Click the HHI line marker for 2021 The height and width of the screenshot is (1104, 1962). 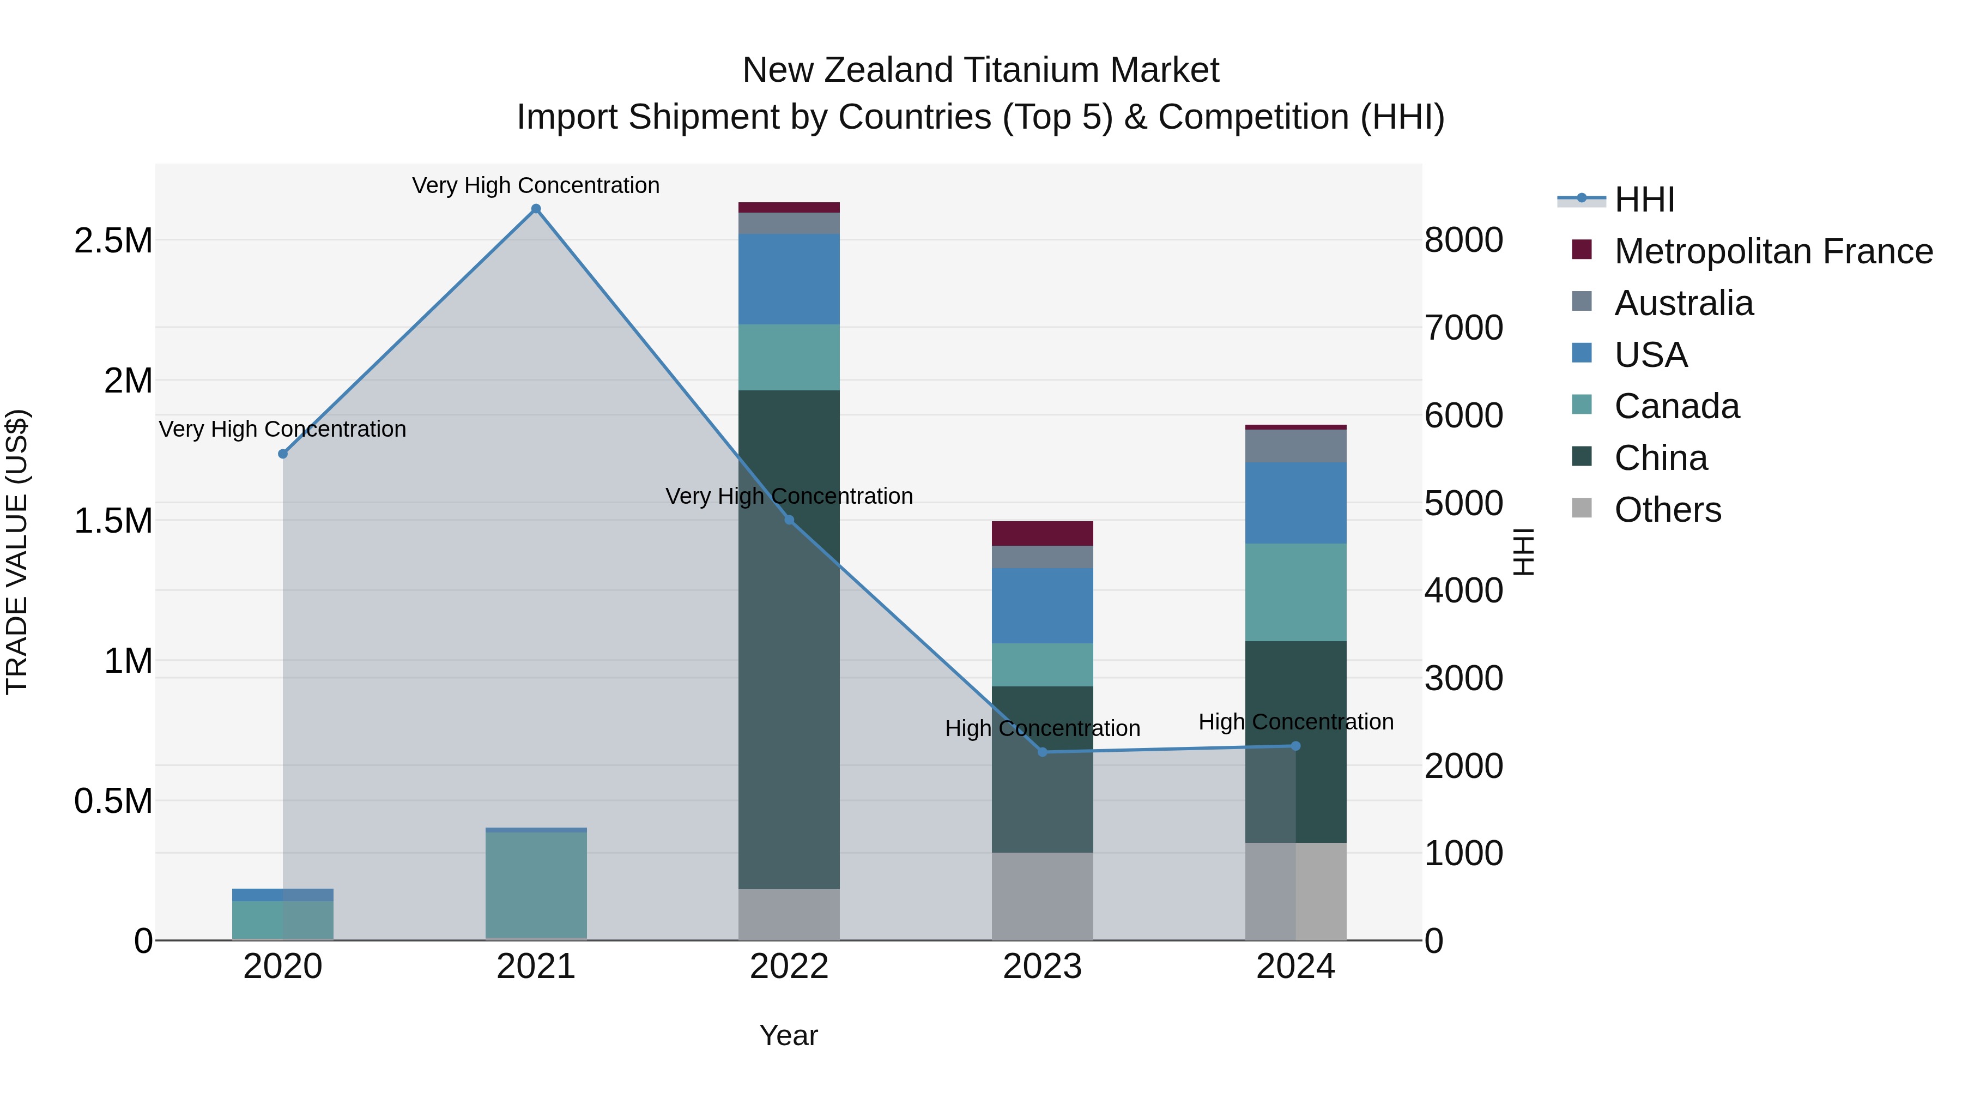pos(536,209)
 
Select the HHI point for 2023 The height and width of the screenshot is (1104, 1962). pos(1043,752)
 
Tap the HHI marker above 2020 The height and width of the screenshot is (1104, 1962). pos(282,454)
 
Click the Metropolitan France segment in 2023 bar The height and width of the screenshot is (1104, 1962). pos(1042,533)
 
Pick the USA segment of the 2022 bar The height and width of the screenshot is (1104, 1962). pos(789,279)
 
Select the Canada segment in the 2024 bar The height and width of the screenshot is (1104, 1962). pos(1295,592)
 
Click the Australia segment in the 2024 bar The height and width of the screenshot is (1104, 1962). pos(1295,446)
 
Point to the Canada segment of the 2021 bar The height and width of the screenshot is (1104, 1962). pos(536,884)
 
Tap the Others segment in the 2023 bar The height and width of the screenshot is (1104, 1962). pos(1042,896)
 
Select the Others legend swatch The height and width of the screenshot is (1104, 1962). pos(1582,508)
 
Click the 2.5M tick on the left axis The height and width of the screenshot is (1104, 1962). pos(113,241)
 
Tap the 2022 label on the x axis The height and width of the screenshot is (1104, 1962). pos(789,967)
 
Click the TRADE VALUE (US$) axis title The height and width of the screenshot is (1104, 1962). pos(17,552)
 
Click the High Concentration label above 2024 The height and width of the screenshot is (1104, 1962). pos(1295,721)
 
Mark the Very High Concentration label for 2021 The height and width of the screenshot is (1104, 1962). pos(536,185)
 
